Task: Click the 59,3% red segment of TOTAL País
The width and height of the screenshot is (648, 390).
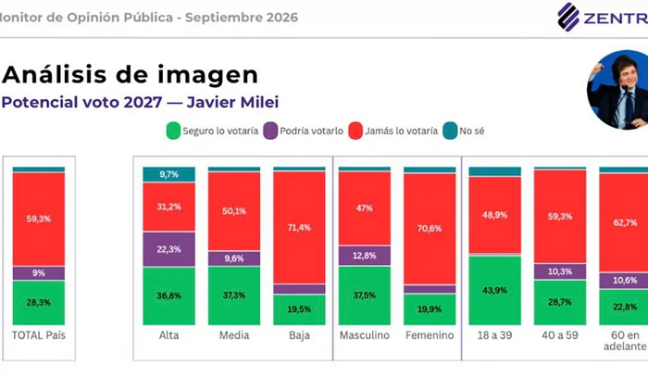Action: (x=39, y=219)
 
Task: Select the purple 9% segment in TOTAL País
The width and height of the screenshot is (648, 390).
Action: (x=39, y=273)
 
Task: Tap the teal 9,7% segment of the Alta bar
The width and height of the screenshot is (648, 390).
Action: (x=169, y=174)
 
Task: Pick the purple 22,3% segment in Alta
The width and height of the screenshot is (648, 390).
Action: (x=169, y=249)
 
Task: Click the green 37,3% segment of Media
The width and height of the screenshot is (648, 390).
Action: (x=234, y=296)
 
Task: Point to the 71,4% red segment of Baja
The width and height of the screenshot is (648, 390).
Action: (x=299, y=228)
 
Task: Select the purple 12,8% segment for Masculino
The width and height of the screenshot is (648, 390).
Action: (x=365, y=256)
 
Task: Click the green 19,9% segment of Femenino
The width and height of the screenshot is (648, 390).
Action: (x=430, y=309)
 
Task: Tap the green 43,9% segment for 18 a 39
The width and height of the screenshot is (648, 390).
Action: (x=494, y=290)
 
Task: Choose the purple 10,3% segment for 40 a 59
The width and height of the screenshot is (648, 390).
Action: (x=560, y=271)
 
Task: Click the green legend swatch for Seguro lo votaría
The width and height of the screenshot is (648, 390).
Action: (x=173, y=131)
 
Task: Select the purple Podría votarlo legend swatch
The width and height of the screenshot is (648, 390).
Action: (x=270, y=131)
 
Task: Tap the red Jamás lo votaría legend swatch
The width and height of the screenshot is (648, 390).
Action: (x=355, y=131)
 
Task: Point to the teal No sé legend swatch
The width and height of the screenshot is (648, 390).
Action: (x=450, y=131)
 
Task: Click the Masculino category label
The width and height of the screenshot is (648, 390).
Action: (x=365, y=335)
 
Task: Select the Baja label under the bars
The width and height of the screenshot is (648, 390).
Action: (x=299, y=335)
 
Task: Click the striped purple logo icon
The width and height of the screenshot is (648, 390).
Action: (x=568, y=17)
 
